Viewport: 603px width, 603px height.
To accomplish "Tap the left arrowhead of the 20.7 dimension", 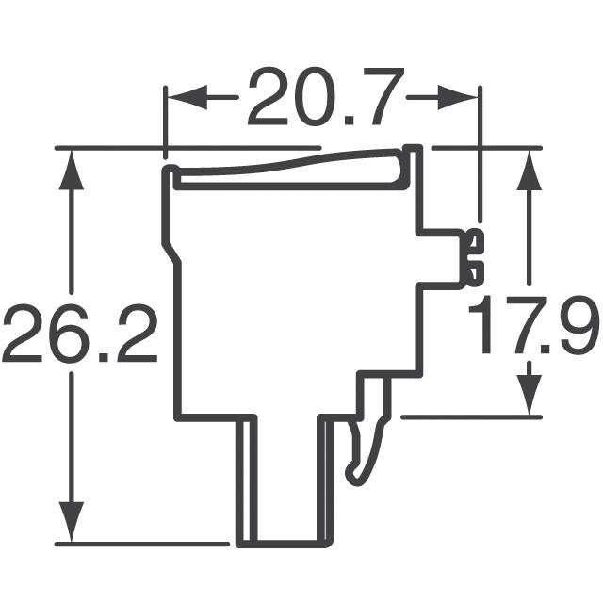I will coord(179,97).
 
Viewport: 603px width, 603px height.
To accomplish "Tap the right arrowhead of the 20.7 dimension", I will coord(466,97).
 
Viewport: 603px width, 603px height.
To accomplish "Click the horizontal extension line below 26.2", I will coord(141,544).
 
